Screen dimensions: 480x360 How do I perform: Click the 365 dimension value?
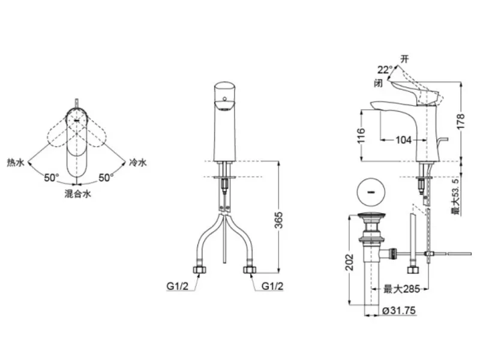click(x=278, y=220)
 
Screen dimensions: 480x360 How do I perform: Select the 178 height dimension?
click(x=460, y=121)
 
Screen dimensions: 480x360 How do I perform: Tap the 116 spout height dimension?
click(x=362, y=136)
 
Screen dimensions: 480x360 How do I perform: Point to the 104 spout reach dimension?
click(x=403, y=140)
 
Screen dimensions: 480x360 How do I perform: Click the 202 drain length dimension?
click(x=349, y=262)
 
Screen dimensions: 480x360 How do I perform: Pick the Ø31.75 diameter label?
click(x=399, y=310)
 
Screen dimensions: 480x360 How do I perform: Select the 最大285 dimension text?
click(x=401, y=289)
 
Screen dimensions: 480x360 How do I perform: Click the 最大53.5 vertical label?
click(x=455, y=197)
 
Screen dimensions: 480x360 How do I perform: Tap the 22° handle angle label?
click(x=385, y=70)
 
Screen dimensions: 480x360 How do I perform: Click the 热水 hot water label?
click(x=16, y=162)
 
